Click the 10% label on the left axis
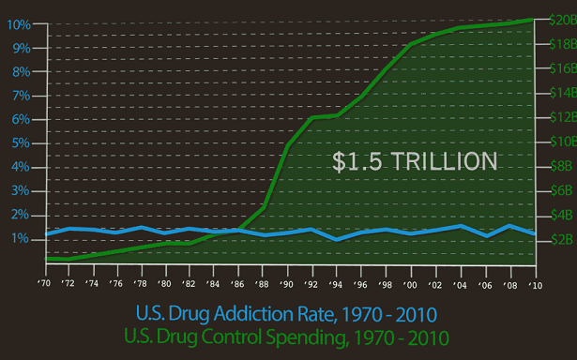click(x=19, y=25)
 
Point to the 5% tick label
click(x=21, y=143)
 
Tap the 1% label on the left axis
click(x=21, y=239)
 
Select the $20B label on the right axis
click(x=563, y=20)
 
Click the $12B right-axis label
click(x=563, y=117)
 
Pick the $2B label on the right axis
click(x=562, y=239)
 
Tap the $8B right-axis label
click(x=562, y=166)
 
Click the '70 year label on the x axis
click(x=44, y=283)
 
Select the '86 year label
click(x=237, y=284)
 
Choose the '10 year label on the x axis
click(x=536, y=285)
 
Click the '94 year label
click(x=336, y=284)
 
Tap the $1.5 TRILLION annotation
click(x=415, y=161)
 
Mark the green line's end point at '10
click(x=533, y=20)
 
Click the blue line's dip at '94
click(x=336, y=239)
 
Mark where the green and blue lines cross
click(x=235, y=231)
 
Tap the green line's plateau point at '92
click(x=312, y=118)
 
